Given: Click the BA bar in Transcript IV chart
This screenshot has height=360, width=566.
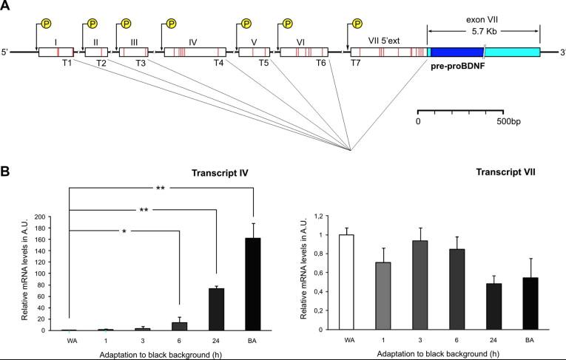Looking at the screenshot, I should (x=254, y=284).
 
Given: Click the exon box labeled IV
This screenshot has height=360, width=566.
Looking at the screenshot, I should (x=193, y=52).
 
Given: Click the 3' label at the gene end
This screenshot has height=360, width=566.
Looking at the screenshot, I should (x=562, y=52).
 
